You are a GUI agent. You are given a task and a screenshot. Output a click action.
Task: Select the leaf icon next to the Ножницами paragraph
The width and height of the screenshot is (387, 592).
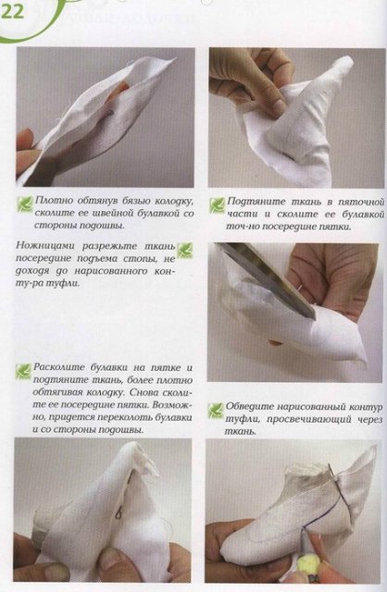tap(184, 250)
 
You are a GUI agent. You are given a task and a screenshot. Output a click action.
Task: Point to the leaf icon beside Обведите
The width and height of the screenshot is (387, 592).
tap(215, 408)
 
